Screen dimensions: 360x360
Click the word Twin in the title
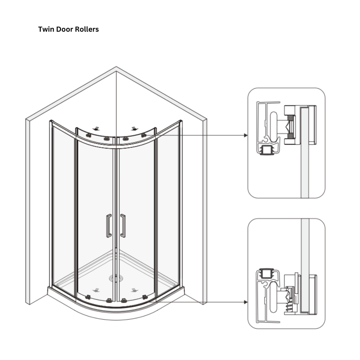46,29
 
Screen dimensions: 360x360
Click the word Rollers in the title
86,29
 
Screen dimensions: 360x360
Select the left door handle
109,226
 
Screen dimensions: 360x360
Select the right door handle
123,226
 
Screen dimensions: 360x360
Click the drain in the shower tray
115,277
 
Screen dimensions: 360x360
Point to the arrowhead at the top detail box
245,135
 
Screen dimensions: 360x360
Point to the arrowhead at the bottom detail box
245,302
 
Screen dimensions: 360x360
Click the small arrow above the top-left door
97,128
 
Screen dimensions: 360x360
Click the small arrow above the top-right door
135,128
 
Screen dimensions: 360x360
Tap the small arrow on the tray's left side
97,289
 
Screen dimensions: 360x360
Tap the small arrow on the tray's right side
134,289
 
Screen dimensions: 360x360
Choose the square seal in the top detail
265,151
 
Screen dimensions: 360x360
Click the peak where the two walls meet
116,68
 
